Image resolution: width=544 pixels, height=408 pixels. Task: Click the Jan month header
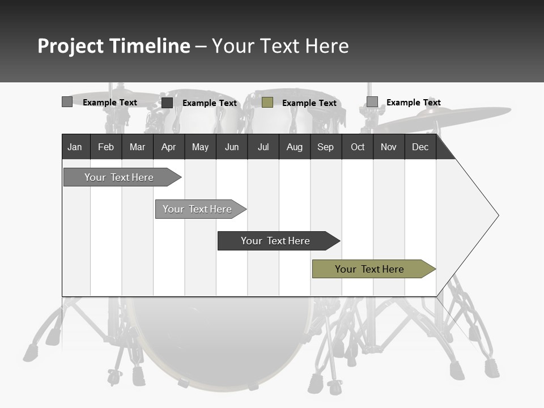coord(75,147)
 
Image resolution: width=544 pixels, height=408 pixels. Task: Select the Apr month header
coord(169,147)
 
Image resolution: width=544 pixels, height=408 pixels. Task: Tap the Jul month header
coord(263,147)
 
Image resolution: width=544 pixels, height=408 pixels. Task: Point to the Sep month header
coord(326,147)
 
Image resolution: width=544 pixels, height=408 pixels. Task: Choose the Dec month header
coord(420,147)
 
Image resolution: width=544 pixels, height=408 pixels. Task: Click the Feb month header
coord(106,147)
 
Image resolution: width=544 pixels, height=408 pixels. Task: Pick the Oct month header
coord(358,147)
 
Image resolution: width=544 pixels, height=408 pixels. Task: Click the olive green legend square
coord(267,103)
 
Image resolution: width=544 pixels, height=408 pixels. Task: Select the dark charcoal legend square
coord(167,103)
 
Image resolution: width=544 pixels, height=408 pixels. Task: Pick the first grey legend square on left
coord(67,102)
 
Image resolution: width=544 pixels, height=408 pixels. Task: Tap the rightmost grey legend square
coord(372,102)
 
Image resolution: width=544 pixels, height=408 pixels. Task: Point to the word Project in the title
coord(70,46)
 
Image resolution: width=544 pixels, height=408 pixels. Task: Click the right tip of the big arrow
coord(497,215)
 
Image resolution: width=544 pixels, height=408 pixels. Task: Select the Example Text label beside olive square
coord(309,103)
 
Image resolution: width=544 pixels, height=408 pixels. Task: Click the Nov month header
coord(389,147)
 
